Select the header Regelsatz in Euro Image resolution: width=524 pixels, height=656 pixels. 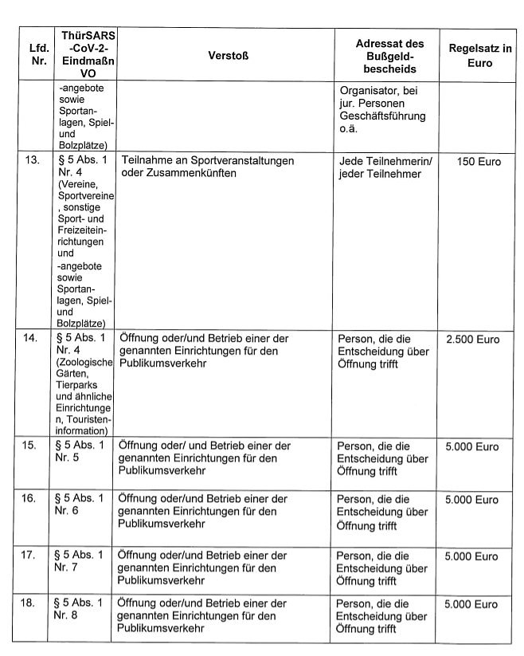point(479,55)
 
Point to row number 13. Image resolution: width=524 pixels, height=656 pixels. point(33,160)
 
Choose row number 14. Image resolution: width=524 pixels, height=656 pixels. point(33,339)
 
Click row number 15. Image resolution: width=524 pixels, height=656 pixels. point(33,445)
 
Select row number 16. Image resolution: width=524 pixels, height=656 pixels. point(33,499)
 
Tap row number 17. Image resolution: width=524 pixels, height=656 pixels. point(33,555)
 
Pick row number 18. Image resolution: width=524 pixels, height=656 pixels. point(33,603)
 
